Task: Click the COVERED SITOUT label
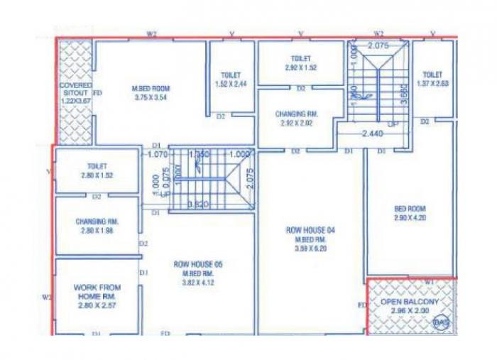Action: (x=75, y=93)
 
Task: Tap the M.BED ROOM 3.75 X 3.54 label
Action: (x=151, y=92)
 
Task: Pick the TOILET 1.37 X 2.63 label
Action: (x=433, y=78)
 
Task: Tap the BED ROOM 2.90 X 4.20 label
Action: (x=410, y=214)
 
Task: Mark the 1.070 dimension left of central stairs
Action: (x=156, y=153)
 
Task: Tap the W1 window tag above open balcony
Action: (x=428, y=281)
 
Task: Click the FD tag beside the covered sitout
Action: (x=97, y=93)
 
